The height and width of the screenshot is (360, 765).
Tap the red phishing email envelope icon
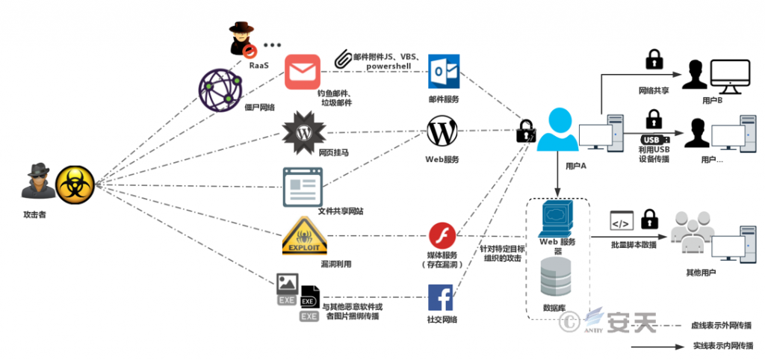coord(303,72)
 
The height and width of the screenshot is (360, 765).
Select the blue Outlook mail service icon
coord(444,71)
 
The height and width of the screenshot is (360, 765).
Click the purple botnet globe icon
coord(220,90)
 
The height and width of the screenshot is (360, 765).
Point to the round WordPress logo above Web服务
coord(442,131)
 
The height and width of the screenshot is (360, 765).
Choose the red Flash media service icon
coord(442,235)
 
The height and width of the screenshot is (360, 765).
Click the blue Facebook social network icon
coord(441,297)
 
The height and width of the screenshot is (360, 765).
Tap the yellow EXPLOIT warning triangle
coord(305,236)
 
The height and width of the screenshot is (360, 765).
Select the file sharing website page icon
coord(303,187)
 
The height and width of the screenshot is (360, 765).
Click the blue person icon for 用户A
coord(557,130)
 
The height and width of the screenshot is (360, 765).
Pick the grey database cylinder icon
coord(556,276)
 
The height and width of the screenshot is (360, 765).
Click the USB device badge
coord(654,140)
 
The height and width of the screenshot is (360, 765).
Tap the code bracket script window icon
coord(622,220)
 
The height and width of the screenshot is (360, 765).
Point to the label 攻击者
coord(34,214)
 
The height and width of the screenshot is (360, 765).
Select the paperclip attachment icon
coord(344,58)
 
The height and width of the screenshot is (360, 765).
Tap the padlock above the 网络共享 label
coord(651,60)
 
